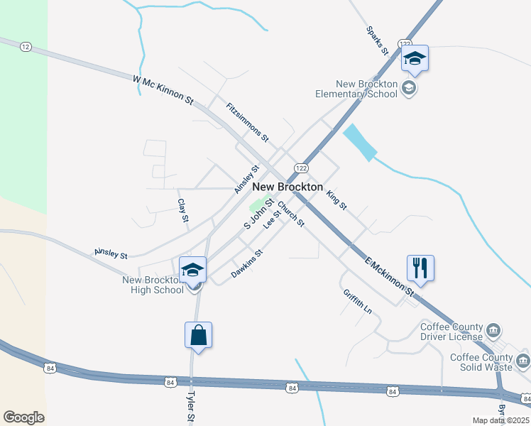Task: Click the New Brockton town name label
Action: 288,186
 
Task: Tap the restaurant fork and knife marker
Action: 420,268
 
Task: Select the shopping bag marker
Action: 199,335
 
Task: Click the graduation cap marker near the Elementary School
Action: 415,60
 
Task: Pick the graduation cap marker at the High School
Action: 192,270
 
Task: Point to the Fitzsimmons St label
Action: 248,121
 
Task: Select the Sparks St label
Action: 378,40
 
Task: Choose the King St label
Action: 336,199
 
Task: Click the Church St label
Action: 291,214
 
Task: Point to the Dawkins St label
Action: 247,263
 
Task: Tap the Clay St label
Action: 182,211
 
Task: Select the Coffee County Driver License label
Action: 451,332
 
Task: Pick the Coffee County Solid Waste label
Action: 481,362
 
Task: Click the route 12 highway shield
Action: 26,47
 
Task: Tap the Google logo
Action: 23,417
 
